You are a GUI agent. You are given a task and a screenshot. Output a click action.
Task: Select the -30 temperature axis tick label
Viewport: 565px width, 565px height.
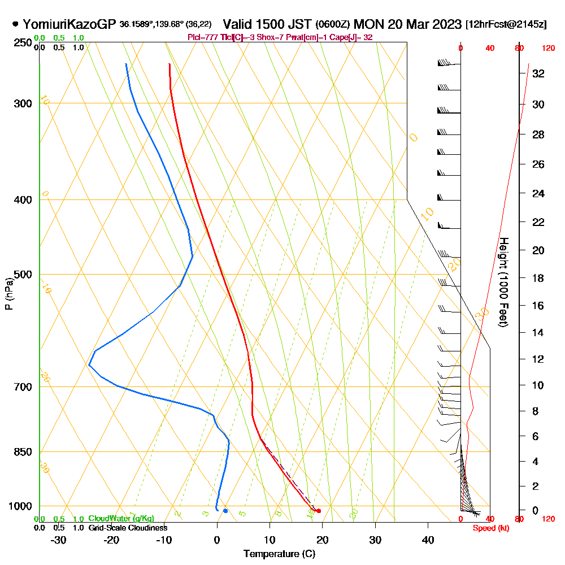point(59,540)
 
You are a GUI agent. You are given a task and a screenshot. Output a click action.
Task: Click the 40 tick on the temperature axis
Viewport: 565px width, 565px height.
point(428,540)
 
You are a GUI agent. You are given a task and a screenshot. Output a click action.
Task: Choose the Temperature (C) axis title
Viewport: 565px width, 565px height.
point(279,554)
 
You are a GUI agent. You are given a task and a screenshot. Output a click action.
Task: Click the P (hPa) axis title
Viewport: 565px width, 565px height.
point(8,293)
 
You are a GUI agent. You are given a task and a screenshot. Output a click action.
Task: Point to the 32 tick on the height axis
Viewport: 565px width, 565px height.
point(538,73)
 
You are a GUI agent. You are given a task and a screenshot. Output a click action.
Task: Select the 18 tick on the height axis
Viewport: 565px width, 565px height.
point(538,278)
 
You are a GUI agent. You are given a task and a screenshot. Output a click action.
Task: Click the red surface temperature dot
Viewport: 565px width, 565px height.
point(319,511)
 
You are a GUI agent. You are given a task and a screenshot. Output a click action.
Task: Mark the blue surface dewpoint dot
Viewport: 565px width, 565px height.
point(225,511)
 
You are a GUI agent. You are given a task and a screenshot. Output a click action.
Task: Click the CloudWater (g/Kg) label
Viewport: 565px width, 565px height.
point(121,519)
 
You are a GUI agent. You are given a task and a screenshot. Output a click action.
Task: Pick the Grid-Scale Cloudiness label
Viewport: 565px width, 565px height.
point(127,528)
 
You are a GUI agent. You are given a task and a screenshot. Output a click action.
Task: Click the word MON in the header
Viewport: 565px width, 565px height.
point(369,24)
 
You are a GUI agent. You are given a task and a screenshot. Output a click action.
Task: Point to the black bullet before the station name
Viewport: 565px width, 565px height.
point(15,24)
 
